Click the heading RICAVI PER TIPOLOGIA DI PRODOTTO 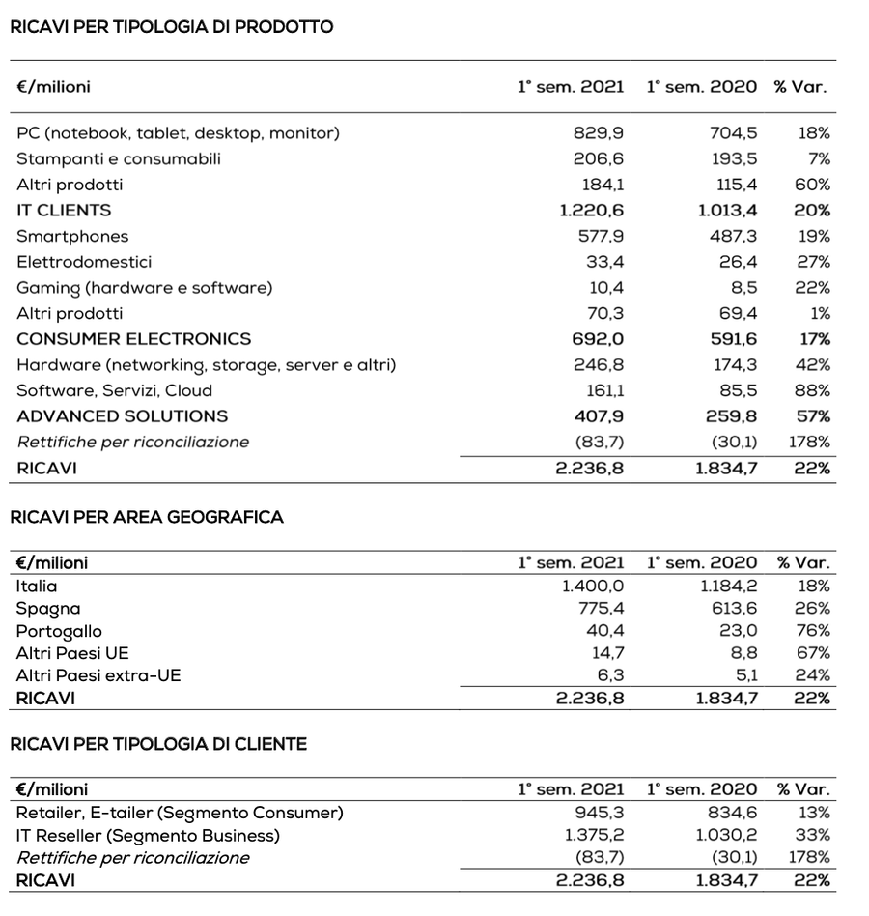point(171,27)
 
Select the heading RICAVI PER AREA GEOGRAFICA point(147,517)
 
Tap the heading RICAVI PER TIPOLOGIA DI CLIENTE point(158,744)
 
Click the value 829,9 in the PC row point(599,133)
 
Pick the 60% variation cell point(813,185)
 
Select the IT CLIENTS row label point(64,210)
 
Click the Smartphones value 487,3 point(734,236)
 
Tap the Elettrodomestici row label point(84,262)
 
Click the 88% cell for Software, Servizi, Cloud point(813,390)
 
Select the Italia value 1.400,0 point(593,586)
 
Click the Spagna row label point(48,609)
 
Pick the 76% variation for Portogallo point(813,631)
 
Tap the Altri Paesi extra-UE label point(98,675)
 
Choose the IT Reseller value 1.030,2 point(727,835)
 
